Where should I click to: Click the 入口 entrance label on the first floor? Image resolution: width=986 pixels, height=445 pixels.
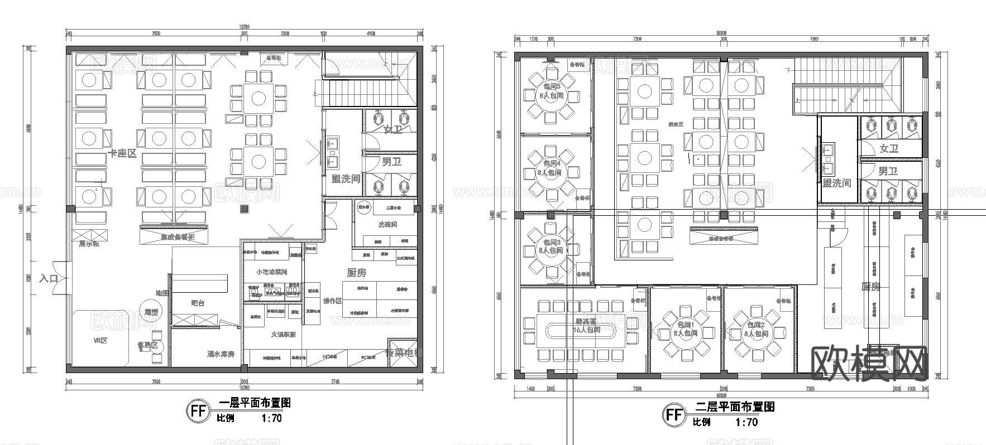[x=49, y=278]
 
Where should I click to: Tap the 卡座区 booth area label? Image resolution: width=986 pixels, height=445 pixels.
[x=122, y=153]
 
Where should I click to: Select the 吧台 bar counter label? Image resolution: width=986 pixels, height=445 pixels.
[x=198, y=303]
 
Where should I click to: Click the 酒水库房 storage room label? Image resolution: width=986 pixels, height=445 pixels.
[x=220, y=354]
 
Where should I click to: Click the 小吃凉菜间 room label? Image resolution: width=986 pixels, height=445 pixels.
[x=271, y=272]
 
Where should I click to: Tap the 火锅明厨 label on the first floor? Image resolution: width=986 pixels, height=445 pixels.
[x=284, y=334]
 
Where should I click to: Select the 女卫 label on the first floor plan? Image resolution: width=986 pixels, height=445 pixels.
[x=393, y=129]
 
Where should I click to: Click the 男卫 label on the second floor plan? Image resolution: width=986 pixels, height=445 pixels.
[x=888, y=171]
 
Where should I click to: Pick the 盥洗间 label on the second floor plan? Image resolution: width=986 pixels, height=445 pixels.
[x=836, y=183]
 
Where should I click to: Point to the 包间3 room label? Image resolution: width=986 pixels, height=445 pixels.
[x=551, y=243]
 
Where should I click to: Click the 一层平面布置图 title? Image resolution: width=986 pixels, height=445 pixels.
[x=255, y=403]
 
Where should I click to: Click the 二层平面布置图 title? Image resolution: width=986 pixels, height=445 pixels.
[x=735, y=407]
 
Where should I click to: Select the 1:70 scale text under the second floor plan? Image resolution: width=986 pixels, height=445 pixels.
[x=745, y=422]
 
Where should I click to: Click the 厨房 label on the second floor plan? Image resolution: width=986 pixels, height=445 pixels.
[x=871, y=287]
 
